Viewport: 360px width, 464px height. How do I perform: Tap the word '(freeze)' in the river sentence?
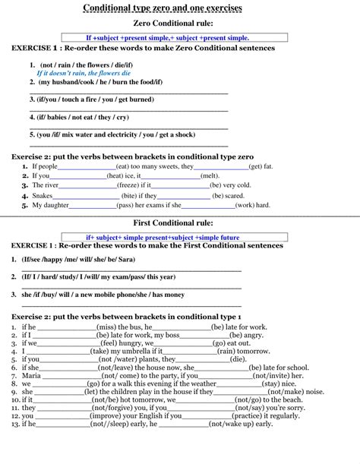[x=128, y=185]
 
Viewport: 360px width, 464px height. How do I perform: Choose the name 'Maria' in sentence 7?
[x=31, y=374]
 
